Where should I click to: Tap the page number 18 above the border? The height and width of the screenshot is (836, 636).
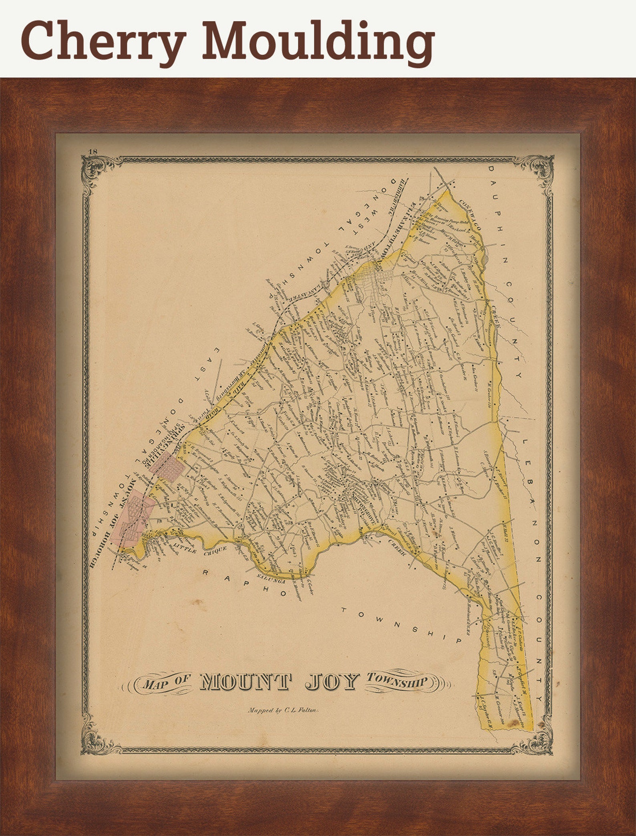(x=93, y=151)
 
